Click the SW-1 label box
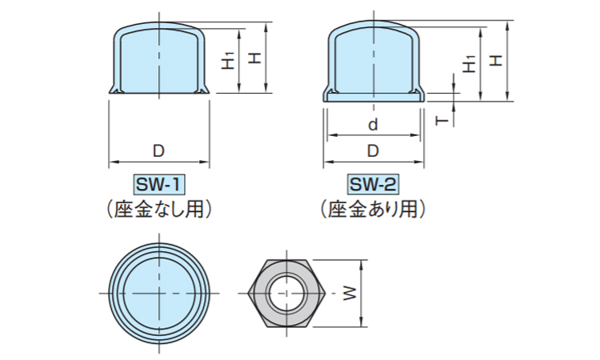tap(159, 186)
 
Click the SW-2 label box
tap(373, 186)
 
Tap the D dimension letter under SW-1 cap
tap(158, 151)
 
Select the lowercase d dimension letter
tap(373, 126)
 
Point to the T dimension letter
tap(442, 120)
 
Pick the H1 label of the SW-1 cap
tap(229, 60)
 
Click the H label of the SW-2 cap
tap(496, 60)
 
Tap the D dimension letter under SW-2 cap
tap(373, 151)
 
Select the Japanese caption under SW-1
tap(159, 210)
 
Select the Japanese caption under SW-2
tap(373, 210)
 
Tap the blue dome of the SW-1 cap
tap(158, 60)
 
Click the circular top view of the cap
tap(159, 293)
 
